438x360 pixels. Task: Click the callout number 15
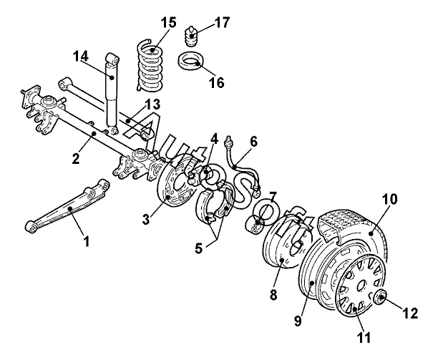point(169,23)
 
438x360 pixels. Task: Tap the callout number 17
point(222,22)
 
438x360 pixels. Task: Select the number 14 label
point(81,56)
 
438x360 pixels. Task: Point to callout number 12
point(410,313)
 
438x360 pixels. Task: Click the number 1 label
point(87,241)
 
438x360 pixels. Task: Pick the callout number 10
point(389,200)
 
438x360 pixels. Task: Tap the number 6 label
point(253,142)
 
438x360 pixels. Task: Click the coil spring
point(150,65)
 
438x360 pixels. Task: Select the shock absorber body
point(112,92)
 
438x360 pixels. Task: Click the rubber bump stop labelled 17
point(191,37)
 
